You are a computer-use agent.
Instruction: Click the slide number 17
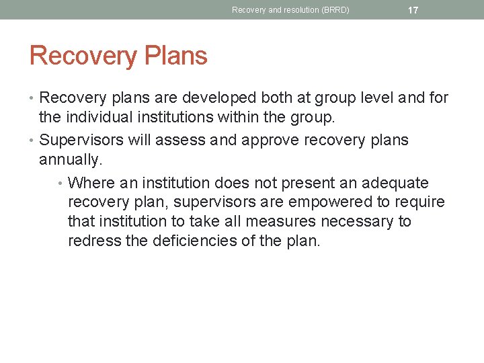pyautogui.click(x=413, y=10)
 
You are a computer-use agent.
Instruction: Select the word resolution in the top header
pyautogui.click(x=296, y=10)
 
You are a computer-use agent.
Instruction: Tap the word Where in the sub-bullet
pyautogui.click(x=91, y=183)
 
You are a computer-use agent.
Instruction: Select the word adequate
pyautogui.click(x=395, y=183)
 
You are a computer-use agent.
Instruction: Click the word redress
pyautogui.click(x=94, y=240)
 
